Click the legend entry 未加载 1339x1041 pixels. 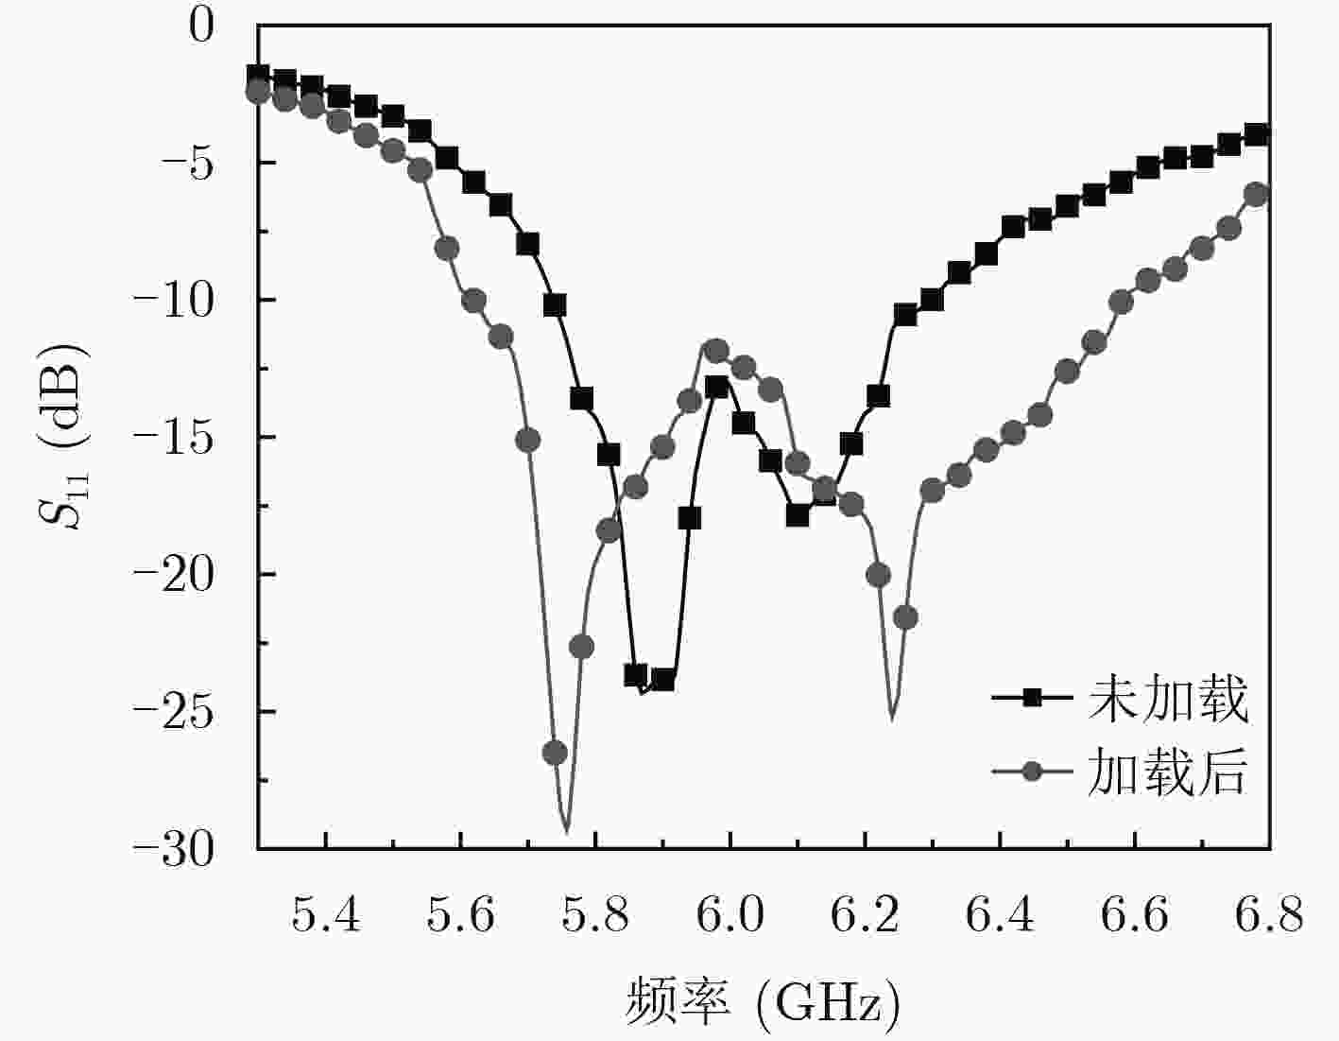pyautogui.click(x=1168, y=700)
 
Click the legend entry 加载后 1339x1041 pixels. pyautogui.click(x=1168, y=772)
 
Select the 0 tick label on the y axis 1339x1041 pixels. pyautogui.click(x=202, y=26)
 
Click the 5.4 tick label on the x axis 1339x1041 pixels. pyautogui.click(x=326, y=914)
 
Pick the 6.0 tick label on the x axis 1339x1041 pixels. pyautogui.click(x=730, y=914)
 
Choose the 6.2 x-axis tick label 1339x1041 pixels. pyautogui.click(x=865, y=914)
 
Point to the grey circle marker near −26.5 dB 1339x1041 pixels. pyautogui.click(x=555, y=753)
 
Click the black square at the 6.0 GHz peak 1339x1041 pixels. pyautogui.click(x=716, y=387)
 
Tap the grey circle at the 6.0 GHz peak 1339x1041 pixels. pyautogui.click(x=716, y=351)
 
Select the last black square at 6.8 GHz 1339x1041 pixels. pyautogui.click(x=1256, y=134)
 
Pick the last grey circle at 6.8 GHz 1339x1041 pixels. pyautogui.click(x=1256, y=195)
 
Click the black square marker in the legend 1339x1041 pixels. pyautogui.click(x=1033, y=698)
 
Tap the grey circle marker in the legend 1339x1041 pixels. pyautogui.click(x=1033, y=771)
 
